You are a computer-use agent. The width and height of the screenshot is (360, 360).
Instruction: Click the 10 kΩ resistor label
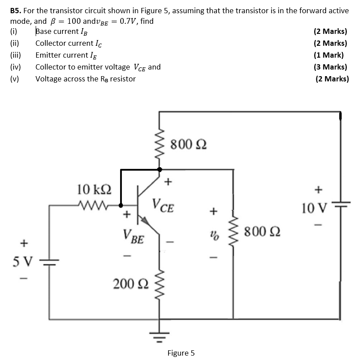point(94,190)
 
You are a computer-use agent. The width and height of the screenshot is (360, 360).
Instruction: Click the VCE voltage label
point(163,206)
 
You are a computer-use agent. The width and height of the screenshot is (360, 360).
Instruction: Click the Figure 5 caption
point(180,353)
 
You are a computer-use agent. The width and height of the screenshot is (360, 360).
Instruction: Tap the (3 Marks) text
point(330,67)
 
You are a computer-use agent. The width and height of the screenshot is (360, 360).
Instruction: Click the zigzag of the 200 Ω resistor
point(160,284)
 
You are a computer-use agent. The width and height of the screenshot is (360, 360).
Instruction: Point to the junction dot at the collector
point(159,169)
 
